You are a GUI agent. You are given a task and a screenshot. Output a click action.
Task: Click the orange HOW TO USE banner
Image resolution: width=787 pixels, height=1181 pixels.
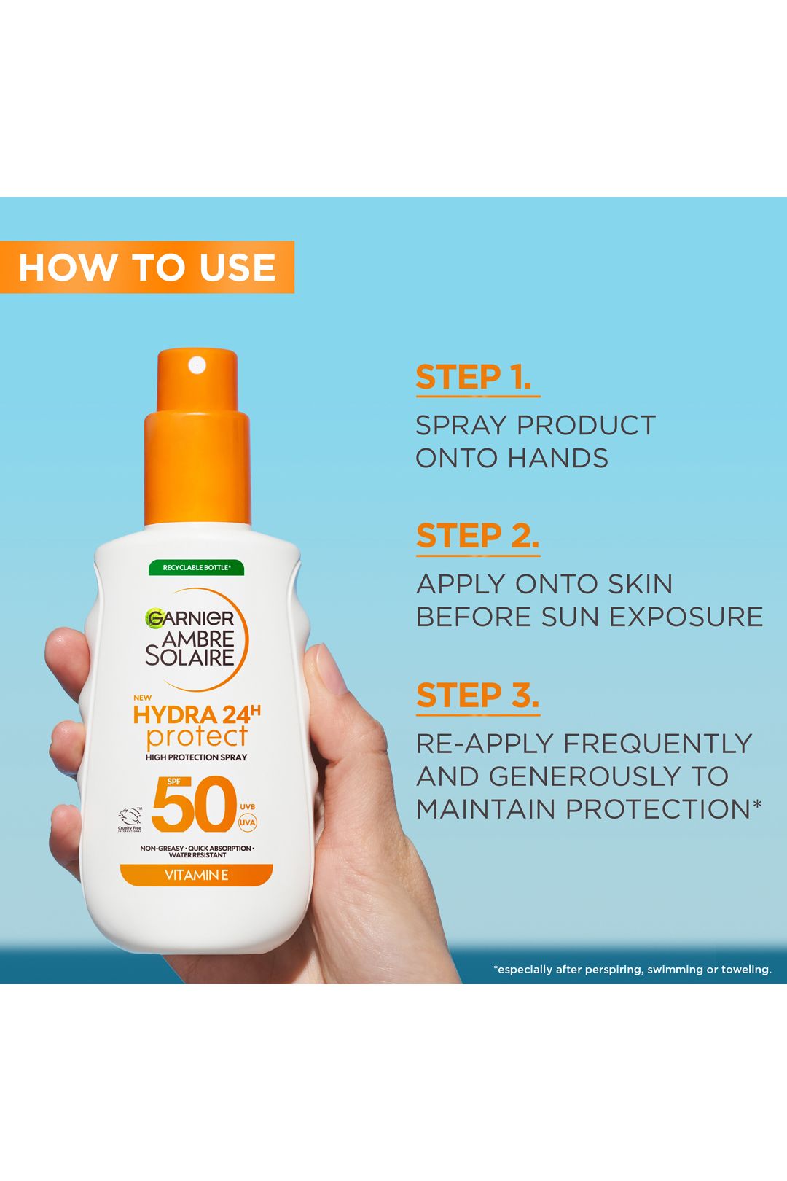pos(147,267)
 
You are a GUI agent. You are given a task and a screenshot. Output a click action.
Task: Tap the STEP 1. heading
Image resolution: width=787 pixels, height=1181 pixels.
pos(474,378)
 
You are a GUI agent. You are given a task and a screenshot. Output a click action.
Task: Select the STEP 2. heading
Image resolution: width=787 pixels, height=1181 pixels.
pos(477,537)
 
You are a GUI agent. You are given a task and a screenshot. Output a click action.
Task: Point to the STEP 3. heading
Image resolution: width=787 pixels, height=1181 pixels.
pos(477,696)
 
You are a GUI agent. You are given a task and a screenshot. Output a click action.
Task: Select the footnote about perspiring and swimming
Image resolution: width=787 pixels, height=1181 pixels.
pos(632,970)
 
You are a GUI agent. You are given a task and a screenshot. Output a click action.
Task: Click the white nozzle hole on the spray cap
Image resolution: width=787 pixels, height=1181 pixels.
pos(197,365)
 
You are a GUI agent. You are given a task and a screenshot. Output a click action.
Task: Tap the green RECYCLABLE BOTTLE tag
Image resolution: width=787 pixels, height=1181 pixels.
pos(197,567)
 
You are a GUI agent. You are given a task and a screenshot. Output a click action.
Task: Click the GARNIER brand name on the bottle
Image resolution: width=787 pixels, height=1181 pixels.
pos(191,619)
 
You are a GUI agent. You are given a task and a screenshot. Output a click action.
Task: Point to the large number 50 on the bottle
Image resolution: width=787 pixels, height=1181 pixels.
pos(195,806)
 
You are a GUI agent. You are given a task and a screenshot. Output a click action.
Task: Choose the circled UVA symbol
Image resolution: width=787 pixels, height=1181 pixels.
pos(248,823)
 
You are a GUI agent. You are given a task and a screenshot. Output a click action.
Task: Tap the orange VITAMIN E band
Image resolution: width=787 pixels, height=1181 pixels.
pos(196,875)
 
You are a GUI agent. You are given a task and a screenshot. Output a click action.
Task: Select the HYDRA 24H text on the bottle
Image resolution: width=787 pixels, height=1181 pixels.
pos(196,714)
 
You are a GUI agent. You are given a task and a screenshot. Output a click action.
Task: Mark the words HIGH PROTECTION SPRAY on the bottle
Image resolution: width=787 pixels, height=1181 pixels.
pos(196,757)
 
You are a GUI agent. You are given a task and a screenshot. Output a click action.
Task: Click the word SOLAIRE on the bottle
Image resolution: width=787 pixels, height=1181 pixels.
pos(189,657)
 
